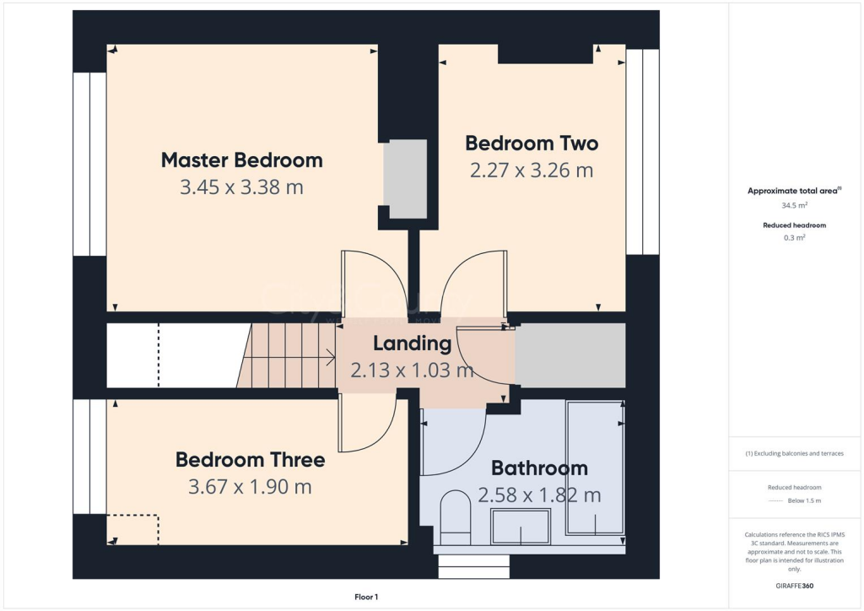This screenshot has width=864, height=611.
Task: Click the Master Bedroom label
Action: click(x=241, y=160)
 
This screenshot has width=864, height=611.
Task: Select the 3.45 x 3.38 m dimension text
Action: click(x=241, y=187)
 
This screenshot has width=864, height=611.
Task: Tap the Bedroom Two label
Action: click(x=532, y=142)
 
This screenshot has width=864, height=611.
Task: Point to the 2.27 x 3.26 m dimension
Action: click(x=532, y=170)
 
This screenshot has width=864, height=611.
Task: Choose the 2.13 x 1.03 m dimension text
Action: click(x=412, y=370)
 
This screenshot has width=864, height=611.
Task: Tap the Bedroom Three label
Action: click(x=250, y=460)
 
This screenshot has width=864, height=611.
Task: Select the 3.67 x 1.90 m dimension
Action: click(x=250, y=487)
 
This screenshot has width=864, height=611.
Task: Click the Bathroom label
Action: click(x=539, y=468)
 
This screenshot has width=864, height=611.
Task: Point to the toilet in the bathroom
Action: click(x=456, y=516)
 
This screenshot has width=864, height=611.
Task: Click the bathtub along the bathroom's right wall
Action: click(x=595, y=468)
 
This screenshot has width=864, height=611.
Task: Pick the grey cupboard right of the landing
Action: click(x=570, y=355)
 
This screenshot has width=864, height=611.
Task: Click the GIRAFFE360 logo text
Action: click(x=793, y=586)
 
